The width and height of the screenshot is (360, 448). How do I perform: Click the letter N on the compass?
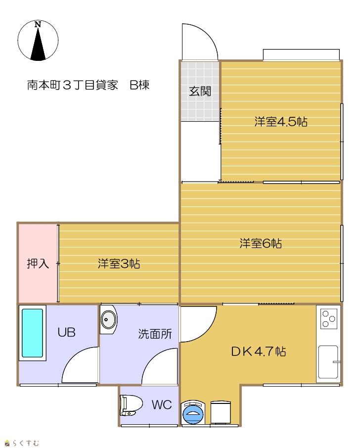pos(38,25)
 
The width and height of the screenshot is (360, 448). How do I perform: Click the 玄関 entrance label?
pos(200,92)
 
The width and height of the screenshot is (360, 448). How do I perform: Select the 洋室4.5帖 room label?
pos(281,122)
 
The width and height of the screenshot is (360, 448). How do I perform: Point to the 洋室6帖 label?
pos(261,244)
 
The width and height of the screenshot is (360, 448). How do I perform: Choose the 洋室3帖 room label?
pos(119,263)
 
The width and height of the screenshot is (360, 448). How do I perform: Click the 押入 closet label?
pos(38,263)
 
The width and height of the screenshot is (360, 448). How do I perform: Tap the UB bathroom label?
pos(67,333)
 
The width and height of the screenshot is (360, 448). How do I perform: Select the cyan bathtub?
pos(32,333)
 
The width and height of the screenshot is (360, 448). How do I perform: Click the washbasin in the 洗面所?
pos(108,319)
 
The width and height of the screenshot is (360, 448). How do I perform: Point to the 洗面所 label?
pos(155,334)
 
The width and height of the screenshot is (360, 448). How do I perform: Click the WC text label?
pos(162,405)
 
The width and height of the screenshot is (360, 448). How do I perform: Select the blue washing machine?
pos(193,412)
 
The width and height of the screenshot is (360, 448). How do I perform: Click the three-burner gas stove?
pos(328,319)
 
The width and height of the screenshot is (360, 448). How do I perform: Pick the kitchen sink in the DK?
pos(328,362)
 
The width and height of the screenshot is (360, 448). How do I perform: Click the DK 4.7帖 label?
pos(258,351)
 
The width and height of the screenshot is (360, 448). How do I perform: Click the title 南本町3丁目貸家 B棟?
pos(88,85)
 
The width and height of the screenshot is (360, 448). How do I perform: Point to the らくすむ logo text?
pos(25,443)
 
